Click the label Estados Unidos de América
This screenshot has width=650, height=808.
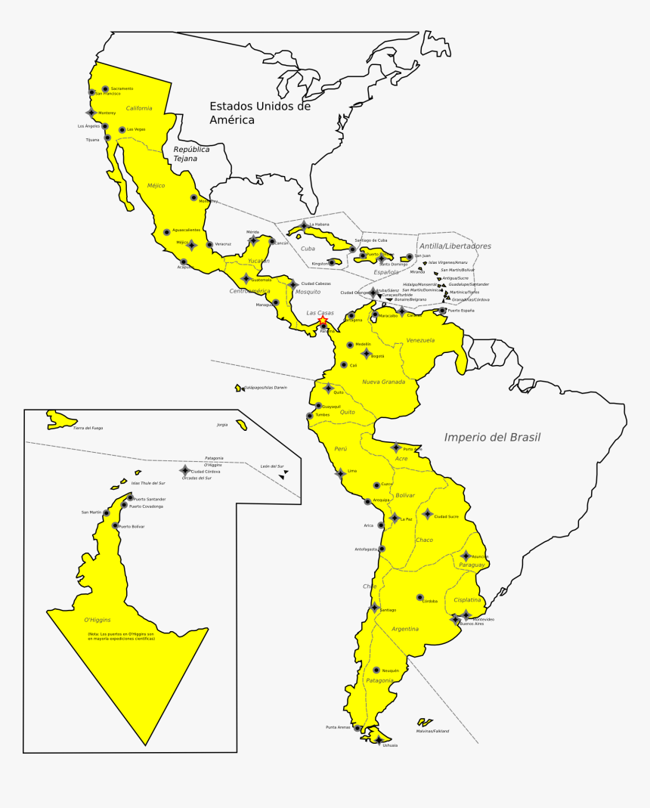259,113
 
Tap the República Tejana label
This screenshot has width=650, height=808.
191,154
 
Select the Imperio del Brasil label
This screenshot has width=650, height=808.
492,437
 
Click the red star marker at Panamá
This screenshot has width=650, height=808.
323,320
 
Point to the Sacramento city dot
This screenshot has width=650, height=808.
105,89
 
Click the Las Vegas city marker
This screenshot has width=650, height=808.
122,130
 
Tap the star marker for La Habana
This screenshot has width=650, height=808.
304,225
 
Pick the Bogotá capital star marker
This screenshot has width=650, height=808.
366,354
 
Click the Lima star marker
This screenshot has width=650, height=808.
341,473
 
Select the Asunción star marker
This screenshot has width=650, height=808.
466,556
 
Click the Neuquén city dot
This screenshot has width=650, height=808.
376,670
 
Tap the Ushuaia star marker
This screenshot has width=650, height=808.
378,741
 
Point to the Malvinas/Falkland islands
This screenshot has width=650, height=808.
425,723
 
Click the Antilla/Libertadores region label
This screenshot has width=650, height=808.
455,246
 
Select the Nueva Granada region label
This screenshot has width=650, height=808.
383,382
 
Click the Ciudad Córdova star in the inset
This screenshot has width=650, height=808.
184,470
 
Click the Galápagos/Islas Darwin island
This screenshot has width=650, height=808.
238,388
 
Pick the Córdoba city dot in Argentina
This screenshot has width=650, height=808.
419,597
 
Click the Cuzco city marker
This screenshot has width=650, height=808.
376,485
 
